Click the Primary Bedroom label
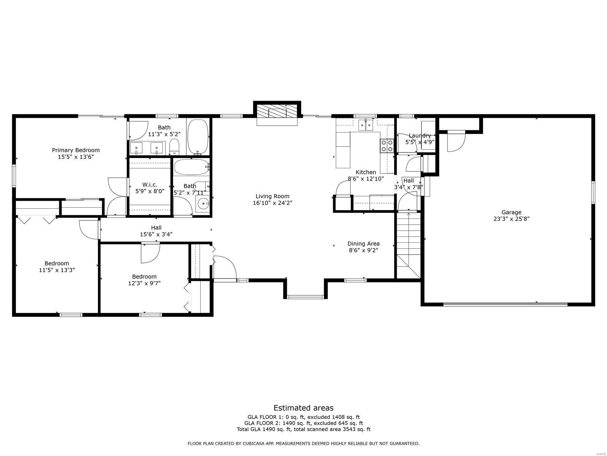point(75,150)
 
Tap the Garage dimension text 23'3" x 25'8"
point(511,219)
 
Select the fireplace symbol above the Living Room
point(277,113)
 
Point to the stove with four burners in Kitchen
point(387,146)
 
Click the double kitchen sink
point(366,125)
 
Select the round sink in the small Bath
point(203,204)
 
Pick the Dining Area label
point(363,244)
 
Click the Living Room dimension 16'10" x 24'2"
point(272,203)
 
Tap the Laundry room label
point(420,136)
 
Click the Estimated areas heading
point(303,408)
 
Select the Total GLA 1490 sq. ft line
point(303,429)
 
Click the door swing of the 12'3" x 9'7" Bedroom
point(150,253)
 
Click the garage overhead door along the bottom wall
point(505,304)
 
